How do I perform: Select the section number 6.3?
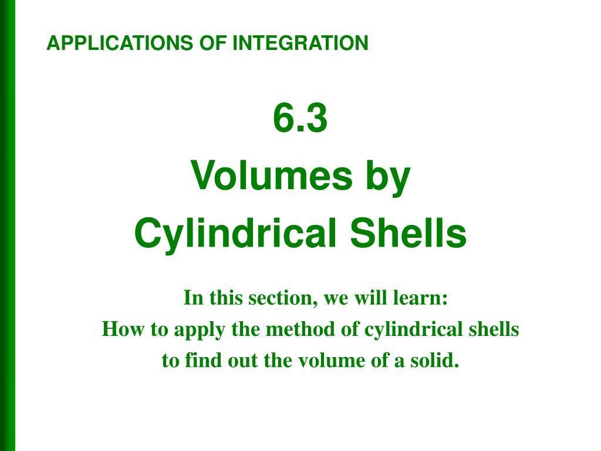point(300,119)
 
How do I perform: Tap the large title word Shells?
point(408,233)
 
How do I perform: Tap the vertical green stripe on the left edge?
point(7,225)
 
